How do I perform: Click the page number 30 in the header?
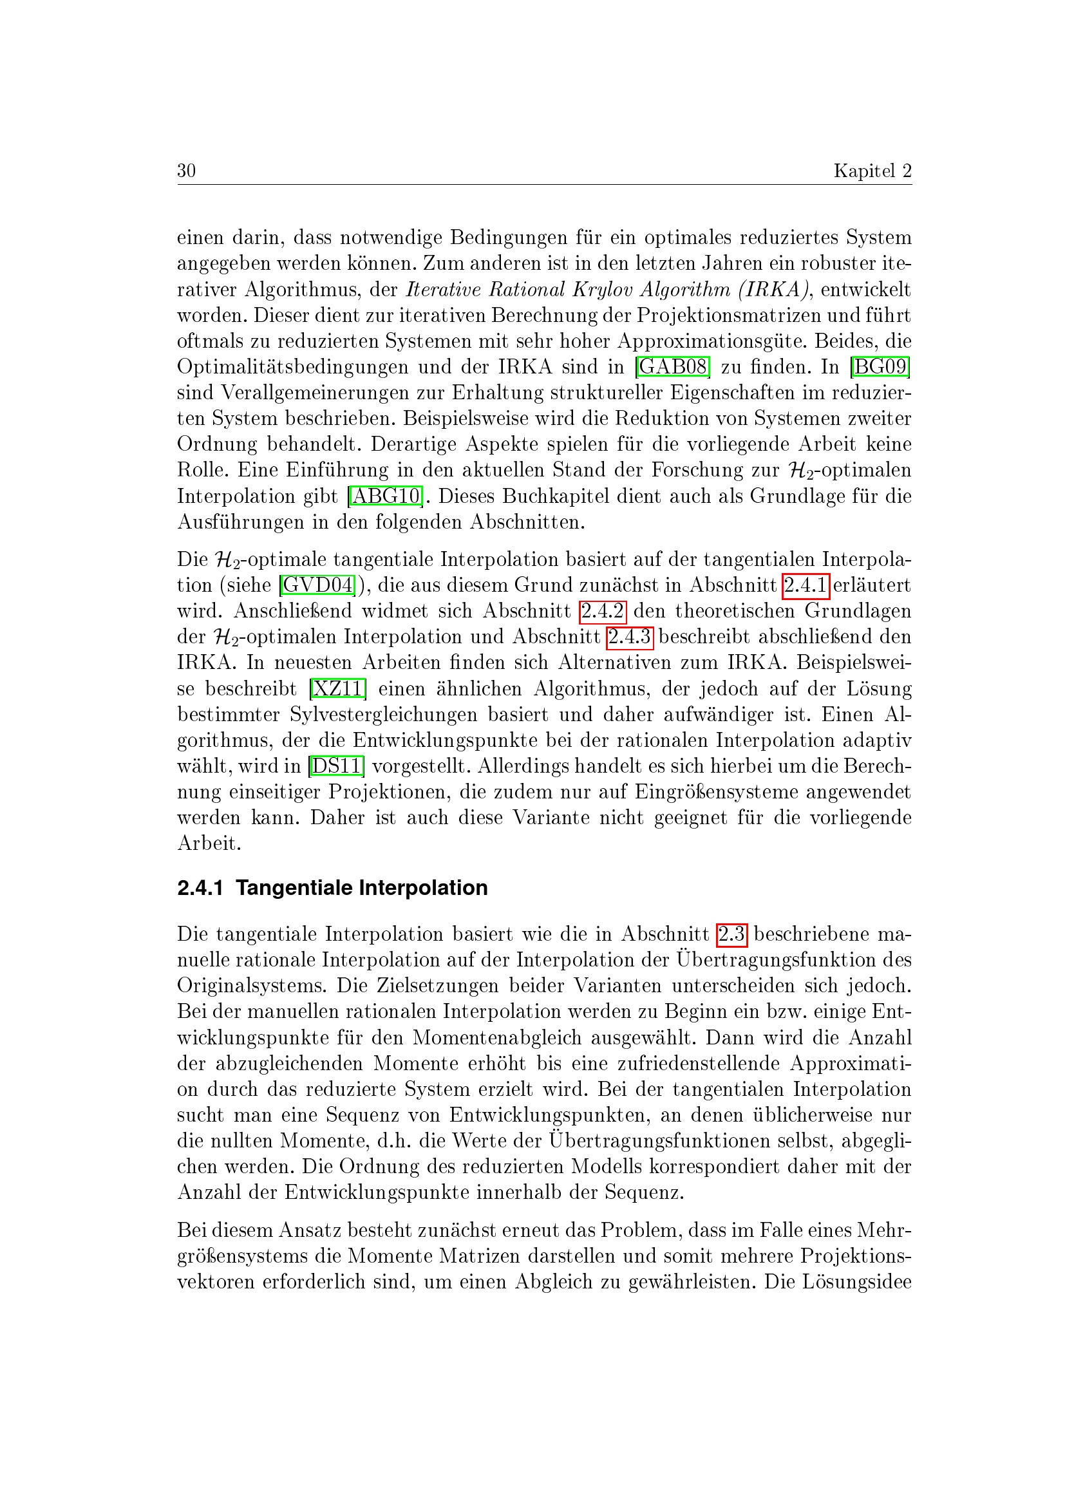click(x=186, y=171)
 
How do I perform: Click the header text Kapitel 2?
click(x=872, y=171)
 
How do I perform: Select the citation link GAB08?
click(x=673, y=366)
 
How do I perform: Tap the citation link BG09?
click(x=880, y=366)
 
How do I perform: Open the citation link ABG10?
click(x=386, y=496)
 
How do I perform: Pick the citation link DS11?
click(x=336, y=766)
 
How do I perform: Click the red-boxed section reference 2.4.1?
click(x=806, y=585)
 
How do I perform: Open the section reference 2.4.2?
click(x=603, y=610)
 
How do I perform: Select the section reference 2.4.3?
click(x=630, y=637)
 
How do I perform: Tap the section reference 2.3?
click(x=732, y=934)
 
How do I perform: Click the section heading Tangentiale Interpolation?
click(x=361, y=887)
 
